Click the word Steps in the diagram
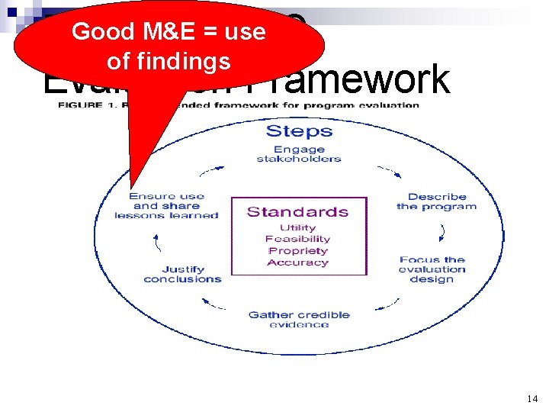[x=298, y=131]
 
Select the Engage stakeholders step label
[x=298, y=154]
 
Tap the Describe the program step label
[x=436, y=201]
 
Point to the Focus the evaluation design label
[x=432, y=269]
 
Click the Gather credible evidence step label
[x=299, y=319]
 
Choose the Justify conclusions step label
[x=182, y=274]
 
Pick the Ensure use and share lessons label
[x=166, y=205]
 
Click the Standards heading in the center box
[x=297, y=212]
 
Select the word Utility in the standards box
[x=297, y=227]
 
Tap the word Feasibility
[x=297, y=239]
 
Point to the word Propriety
[x=297, y=250]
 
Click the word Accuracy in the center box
[x=297, y=262]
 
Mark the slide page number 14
[x=531, y=399]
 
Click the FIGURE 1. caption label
[x=81, y=105]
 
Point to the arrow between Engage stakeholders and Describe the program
[x=390, y=171]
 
